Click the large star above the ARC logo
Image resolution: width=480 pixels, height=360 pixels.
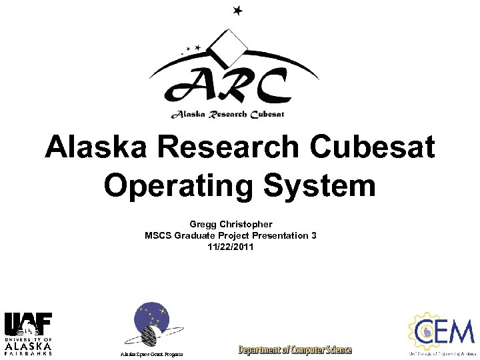[x=239, y=10]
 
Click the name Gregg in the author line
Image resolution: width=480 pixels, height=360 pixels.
[x=205, y=225]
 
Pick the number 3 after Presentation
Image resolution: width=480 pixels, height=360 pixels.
[x=313, y=235]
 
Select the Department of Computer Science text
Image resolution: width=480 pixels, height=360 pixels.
[x=295, y=349]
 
